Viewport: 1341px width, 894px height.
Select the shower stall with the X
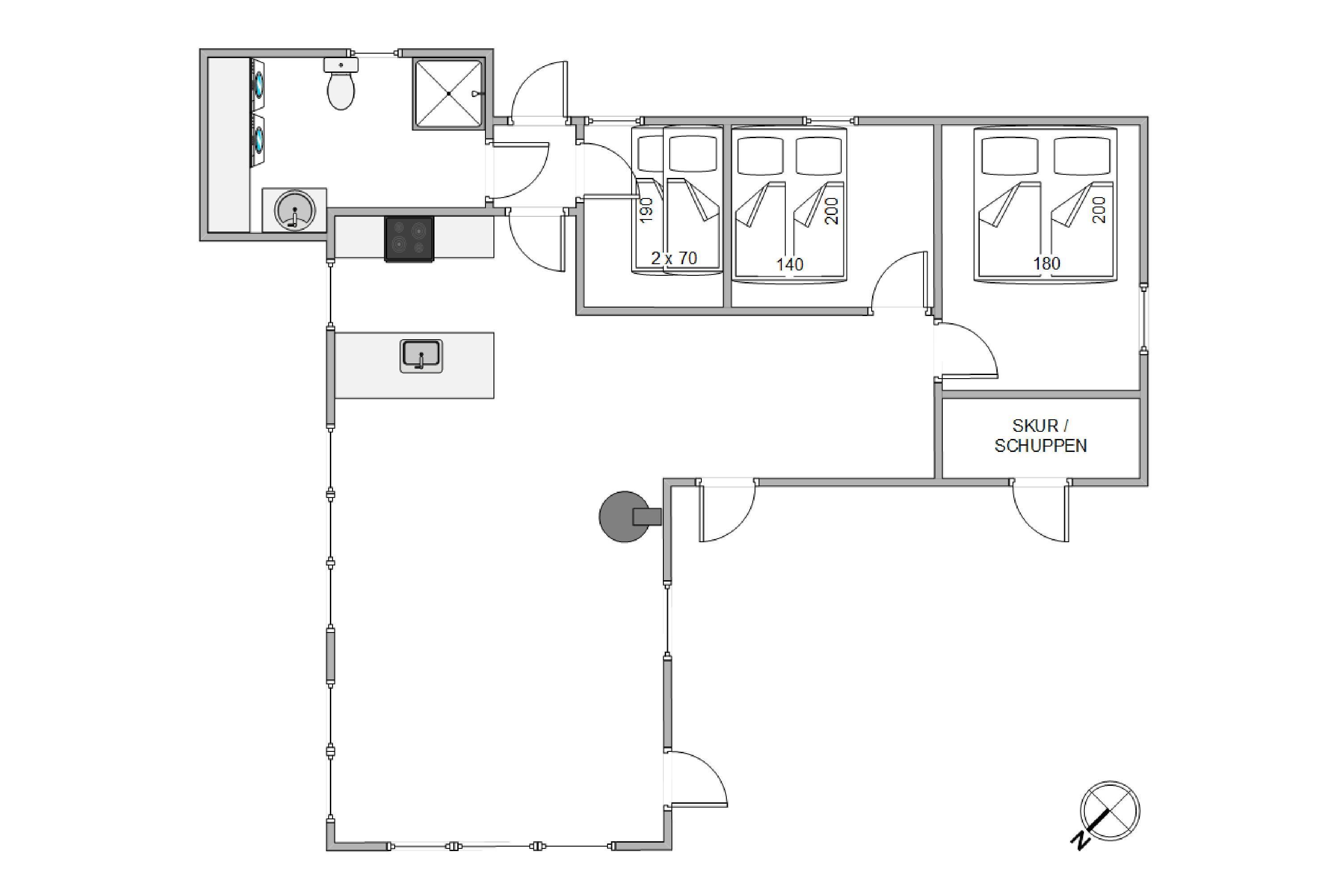click(x=449, y=93)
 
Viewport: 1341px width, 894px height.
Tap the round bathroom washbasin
click(x=294, y=210)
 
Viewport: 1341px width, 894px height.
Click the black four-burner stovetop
click(x=409, y=239)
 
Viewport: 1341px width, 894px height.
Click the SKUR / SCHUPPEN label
click(x=1041, y=435)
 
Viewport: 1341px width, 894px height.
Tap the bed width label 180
click(x=1047, y=263)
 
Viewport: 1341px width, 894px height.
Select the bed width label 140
click(x=790, y=265)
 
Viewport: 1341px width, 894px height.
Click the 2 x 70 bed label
click(x=674, y=258)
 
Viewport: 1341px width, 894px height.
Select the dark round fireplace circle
click(x=624, y=517)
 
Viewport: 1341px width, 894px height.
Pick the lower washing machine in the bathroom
click(x=258, y=139)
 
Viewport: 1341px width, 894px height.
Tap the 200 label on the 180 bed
click(x=1099, y=210)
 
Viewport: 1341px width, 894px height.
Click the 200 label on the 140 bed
click(x=832, y=211)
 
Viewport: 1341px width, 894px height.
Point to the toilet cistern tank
click(x=341, y=64)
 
